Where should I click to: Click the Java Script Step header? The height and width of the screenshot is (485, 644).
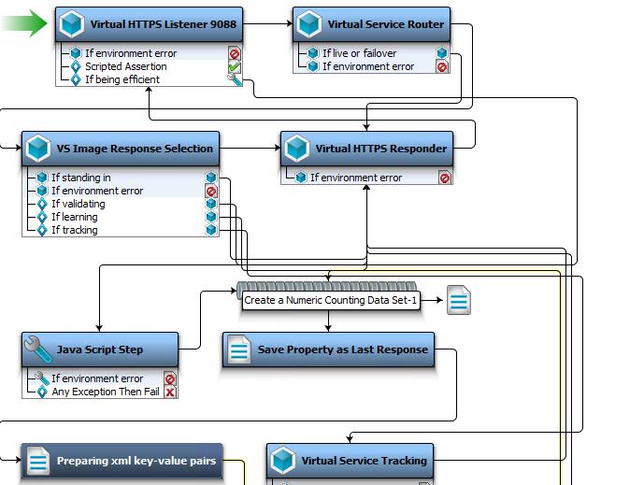coord(100,349)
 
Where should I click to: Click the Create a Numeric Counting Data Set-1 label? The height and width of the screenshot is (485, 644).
coord(331,301)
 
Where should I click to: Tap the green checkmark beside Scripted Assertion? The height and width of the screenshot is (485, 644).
coord(235,67)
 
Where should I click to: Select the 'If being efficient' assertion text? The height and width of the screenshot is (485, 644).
coord(122,79)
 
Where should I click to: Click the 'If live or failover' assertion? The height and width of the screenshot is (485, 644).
coord(359,53)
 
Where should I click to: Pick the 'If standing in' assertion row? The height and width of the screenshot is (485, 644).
coord(80,178)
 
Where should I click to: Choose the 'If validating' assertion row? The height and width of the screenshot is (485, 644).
coord(78,204)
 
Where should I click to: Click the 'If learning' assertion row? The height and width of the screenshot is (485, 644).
coord(74,217)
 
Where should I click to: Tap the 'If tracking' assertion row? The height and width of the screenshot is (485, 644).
coord(74,230)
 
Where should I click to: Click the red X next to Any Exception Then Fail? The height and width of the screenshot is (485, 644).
coord(170,392)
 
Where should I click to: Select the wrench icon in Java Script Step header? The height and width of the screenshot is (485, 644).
coord(38,349)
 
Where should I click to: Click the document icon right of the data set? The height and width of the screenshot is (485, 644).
coord(459,301)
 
